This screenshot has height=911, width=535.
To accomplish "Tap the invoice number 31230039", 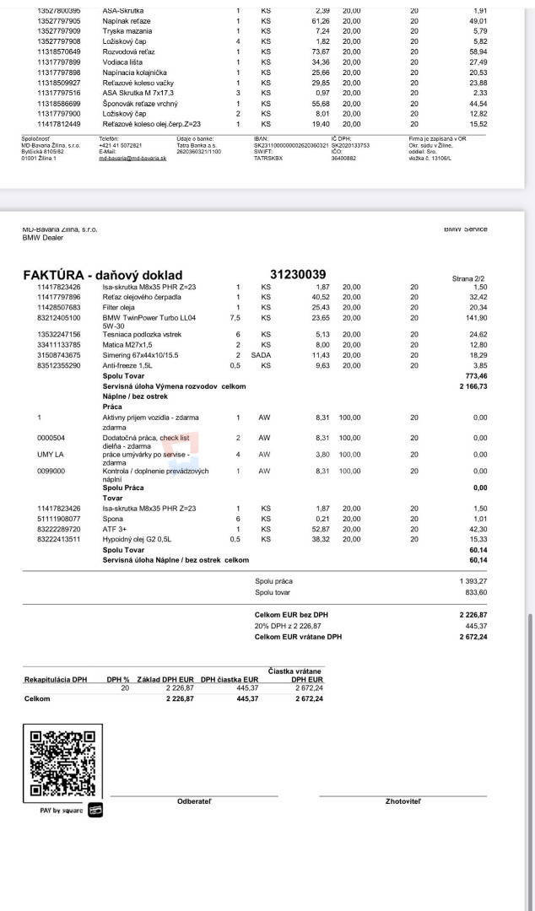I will click(x=298, y=274).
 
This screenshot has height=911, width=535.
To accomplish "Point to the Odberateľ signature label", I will click(x=194, y=800).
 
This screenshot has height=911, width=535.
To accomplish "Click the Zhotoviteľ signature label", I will click(x=403, y=800).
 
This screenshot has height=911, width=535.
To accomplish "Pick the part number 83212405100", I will click(x=60, y=318).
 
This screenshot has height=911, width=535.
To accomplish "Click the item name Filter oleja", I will click(x=122, y=307).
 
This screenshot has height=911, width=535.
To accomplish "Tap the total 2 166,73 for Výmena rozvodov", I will click(x=473, y=385).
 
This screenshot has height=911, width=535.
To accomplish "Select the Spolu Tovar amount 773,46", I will click(x=476, y=375).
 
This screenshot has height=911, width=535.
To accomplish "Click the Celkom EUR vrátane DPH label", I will click(x=299, y=637).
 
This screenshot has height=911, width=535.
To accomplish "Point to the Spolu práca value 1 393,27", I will click(x=473, y=581).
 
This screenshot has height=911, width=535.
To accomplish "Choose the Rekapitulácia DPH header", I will click(x=56, y=679).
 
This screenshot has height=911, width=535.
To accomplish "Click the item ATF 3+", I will click(x=115, y=529).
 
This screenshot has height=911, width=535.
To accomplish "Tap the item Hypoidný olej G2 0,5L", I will click(x=138, y=539).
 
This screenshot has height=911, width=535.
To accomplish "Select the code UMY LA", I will click(x=51, y=454).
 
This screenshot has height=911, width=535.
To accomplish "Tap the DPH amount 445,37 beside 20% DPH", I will click(x=475, y=626).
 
